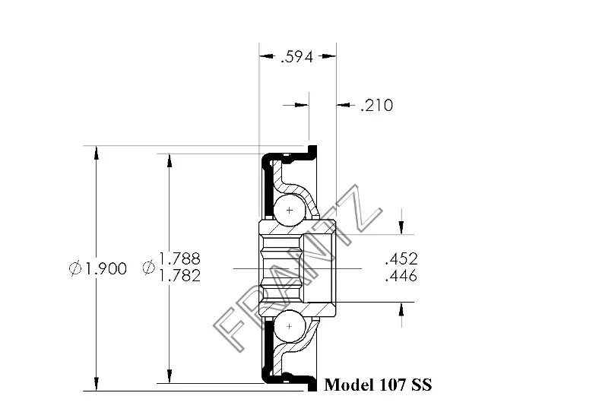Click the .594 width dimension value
tap(297, 57)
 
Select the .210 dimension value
tap(376, 106)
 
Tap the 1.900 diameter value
tap(106, 268)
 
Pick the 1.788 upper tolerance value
tap(180, 258)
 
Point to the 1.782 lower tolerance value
tap(180, 276)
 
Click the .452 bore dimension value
tap(401, 259)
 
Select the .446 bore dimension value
tap(401, 276)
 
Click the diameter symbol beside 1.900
tap(75, 268)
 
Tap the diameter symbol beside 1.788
tap(149, 268)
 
